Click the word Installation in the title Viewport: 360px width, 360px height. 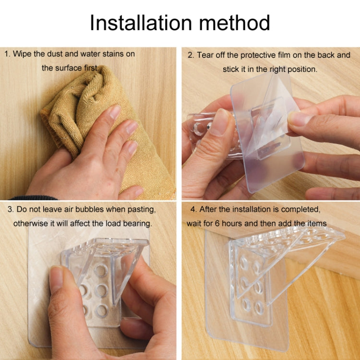point(141,23)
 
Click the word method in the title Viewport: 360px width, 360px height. point(234,23)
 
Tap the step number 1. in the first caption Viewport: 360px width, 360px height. point(7,54)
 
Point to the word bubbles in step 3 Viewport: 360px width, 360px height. point(90,209)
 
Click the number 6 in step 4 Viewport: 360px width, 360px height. point(217,223)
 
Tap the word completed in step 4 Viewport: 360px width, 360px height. point(300,210)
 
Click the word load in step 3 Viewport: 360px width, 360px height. point(113,223)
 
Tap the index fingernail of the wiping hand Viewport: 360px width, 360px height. point(115,112)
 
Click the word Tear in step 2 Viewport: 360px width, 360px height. point(204,55)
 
